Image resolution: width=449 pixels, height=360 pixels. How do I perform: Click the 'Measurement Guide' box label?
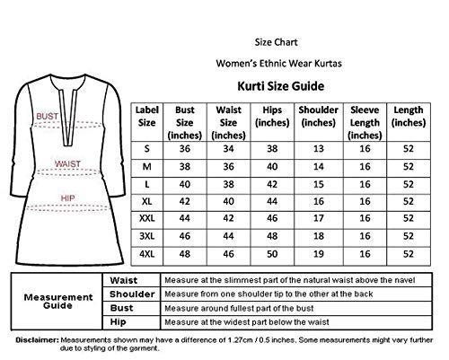[x=56, y=300]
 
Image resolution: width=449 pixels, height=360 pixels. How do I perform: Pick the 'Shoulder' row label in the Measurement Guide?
[x=126, y=294]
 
